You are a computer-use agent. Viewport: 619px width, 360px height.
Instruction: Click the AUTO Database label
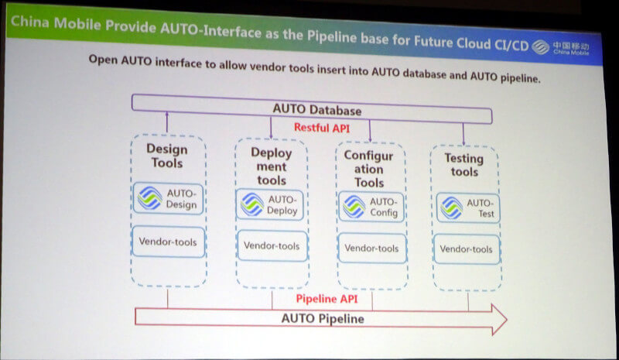pyautogui.click(x=317, y=110)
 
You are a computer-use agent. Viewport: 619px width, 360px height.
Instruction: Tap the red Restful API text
pyautogui.click(x=322, y=128)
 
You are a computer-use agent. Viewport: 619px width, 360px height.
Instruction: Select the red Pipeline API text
pyautogui.click(x=327, y=299)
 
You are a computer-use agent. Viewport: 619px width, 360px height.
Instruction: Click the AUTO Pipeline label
pyautogui.click(x=323, y=318)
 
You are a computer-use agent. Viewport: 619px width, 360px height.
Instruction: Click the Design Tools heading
pyautogui.click(x=167, y=156)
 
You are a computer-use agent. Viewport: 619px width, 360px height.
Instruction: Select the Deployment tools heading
pyautogui.click(x=272, y=166)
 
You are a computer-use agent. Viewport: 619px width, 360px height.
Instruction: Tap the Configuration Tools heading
pyautogui.click(x=368, y=169)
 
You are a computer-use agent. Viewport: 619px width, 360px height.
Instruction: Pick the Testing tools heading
pyautogui.click(x=464, y=165)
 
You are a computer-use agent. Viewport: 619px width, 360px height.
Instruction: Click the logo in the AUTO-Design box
pyautogui.click(x=149, y=198)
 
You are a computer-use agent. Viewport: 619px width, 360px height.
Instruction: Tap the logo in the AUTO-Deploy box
pyautogui.click(x=252, y=204)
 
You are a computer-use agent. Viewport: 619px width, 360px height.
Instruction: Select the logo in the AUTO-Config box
pyautogui.click(x=354, y=206)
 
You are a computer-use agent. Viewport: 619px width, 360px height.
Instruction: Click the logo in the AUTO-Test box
pyautogui.click(x=452, y=207)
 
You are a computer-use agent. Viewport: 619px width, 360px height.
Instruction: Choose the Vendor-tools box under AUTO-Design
pyautogui.click(x=168, y=242)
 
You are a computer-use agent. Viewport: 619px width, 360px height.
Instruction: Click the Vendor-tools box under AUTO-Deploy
pyautogui.click(x=272, y=245)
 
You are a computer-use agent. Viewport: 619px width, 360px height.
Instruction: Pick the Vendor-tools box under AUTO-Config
pyautogui.click(x=372, y=249)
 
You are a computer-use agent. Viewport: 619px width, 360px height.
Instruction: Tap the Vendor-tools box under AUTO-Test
pyautogui.click(x=467, y=249)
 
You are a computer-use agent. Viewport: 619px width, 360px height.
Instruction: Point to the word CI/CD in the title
pyautogui.click(x=511, y=45)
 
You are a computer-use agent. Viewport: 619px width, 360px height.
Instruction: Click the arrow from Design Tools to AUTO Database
pyautogui.click(x=167, y=122)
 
